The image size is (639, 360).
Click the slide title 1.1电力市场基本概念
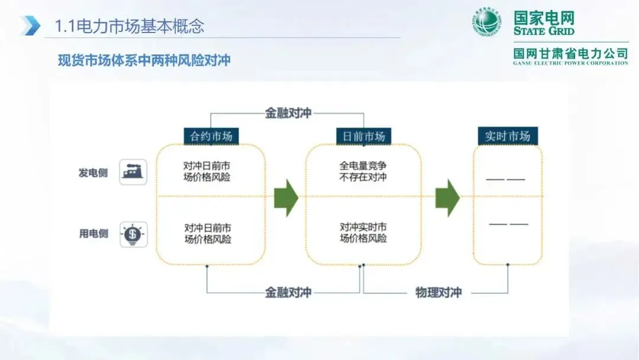129,26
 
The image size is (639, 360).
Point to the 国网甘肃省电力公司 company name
570,53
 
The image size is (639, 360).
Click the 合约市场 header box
211,136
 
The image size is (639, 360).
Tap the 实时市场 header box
507,136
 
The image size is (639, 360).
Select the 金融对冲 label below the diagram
288,292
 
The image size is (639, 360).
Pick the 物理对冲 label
438,292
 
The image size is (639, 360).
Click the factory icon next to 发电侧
133,172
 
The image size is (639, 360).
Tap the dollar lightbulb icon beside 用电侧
133,234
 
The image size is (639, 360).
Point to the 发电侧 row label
93,173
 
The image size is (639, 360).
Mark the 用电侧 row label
93,234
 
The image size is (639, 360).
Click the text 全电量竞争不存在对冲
363,171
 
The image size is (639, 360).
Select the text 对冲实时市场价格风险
363,233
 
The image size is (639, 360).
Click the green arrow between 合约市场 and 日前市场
286,198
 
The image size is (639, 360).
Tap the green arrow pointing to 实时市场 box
448,198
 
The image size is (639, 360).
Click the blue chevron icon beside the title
30,26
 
